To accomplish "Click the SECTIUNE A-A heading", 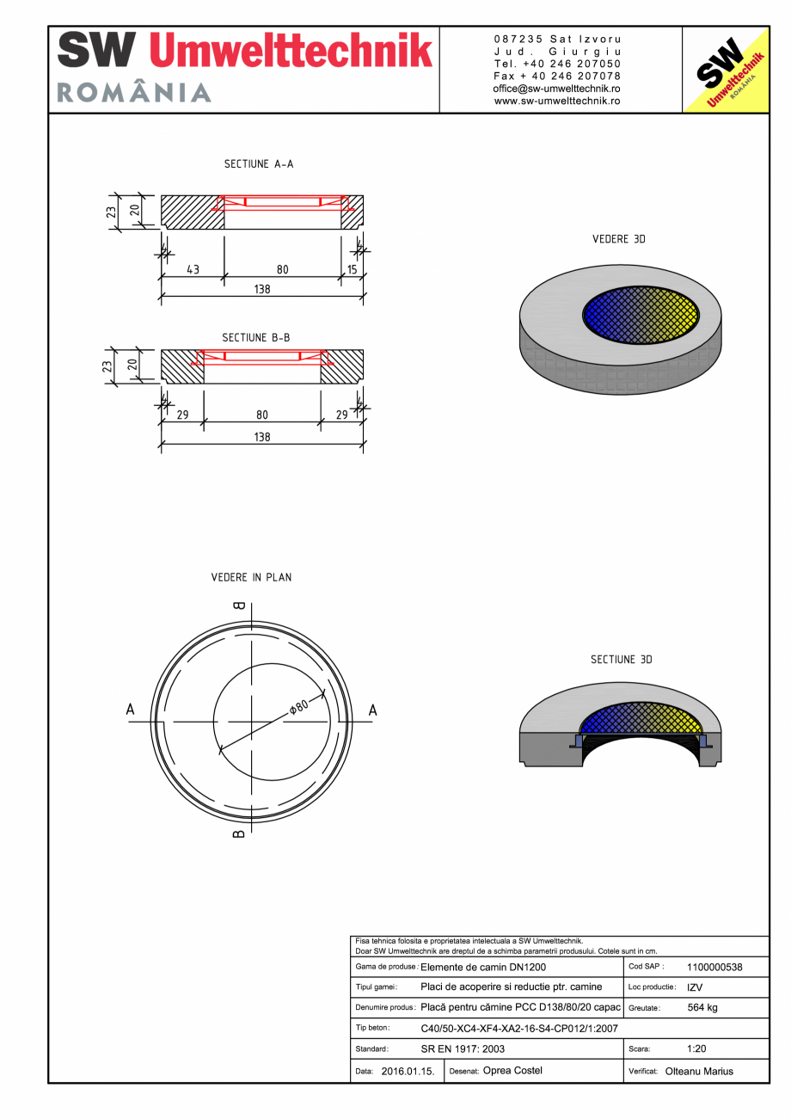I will coord(259,163).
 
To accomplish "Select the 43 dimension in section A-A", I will coord(193,269).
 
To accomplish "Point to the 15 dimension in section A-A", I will coord(352,269).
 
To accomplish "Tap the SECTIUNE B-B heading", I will coord(256,338).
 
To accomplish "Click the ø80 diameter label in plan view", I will coord(298,707).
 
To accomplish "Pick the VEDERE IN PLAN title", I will coord(251,577).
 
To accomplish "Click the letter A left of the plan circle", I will coord(131,710).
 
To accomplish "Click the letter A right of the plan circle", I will coord(373,710).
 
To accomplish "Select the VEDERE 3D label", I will coord(618,239).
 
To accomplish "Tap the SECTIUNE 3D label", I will coord(621,660).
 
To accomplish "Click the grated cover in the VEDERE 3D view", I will coord(642,315).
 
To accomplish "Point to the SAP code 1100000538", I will coord(714,967).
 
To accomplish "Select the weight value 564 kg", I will coord(702,1007).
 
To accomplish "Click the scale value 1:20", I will coord(697,1049).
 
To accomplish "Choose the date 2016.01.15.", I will coord(408,1072).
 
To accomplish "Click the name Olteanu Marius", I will coord(699,1072).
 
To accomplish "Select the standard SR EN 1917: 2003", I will coord(463,1049).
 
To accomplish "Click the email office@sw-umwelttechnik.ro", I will coord(557,89).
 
